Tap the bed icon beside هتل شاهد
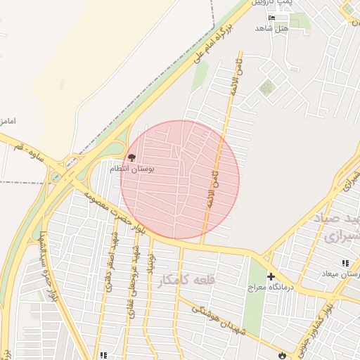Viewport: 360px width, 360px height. [272, 17]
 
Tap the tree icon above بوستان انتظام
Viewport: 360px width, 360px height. [131, 157]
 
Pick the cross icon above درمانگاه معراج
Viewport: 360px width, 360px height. [271, 277]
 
